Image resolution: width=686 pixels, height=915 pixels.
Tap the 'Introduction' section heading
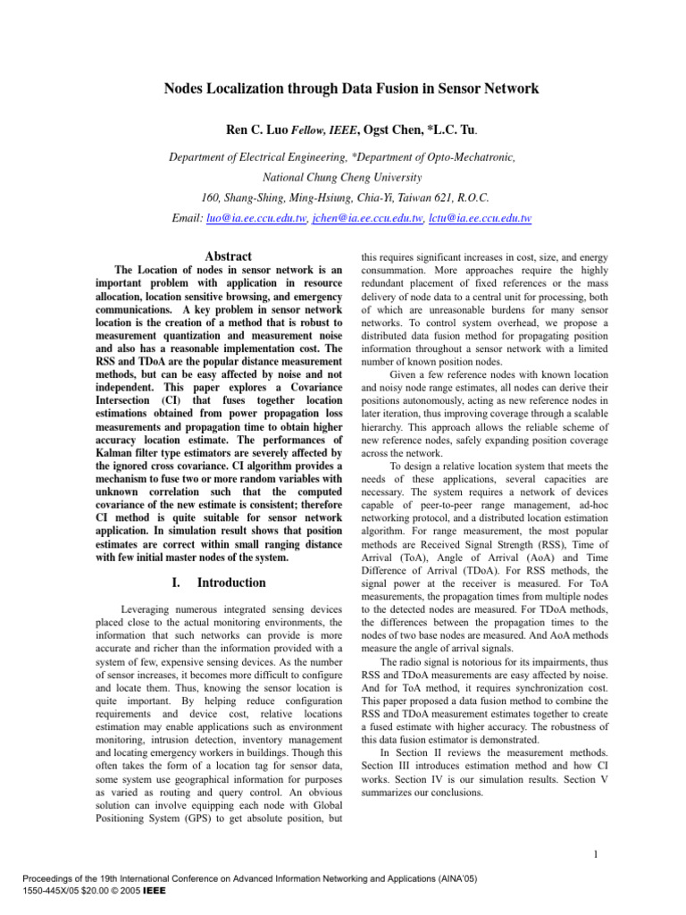tap(231, 583)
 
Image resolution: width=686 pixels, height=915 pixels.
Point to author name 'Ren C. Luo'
tap(256, 130)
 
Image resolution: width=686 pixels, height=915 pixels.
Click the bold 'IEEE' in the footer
tap(152, 891)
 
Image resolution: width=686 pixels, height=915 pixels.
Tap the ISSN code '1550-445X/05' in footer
tap(36, 891)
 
